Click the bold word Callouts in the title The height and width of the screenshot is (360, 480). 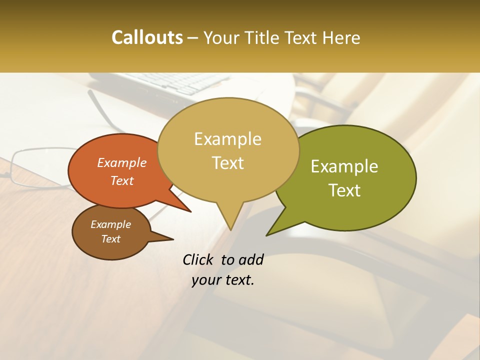point(147,37)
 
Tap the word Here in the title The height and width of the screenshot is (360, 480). point(342,37)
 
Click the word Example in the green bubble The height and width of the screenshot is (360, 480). point(344,166)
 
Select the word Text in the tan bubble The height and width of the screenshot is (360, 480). point(228,163)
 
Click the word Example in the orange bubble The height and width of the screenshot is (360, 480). point(122,162)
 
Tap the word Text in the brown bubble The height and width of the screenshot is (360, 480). point(111,239)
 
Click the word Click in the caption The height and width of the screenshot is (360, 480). point(199,259)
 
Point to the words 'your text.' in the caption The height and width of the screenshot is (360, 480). point(223,280)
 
